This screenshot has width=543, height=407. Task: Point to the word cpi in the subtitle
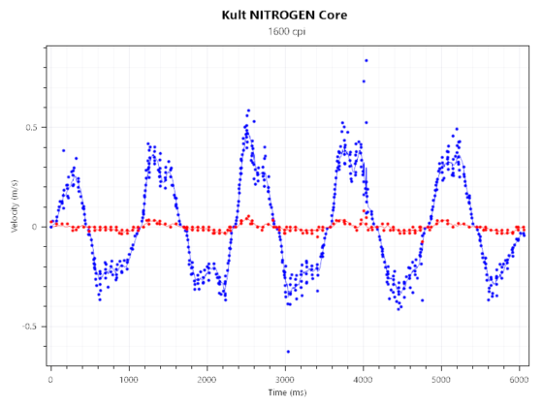click(x=298, y=32)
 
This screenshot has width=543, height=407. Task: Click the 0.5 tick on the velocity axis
click(x=33, y=128)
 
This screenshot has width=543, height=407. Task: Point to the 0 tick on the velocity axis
click(x=37, y=227)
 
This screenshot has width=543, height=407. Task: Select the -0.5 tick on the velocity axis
click(x=31, y=327)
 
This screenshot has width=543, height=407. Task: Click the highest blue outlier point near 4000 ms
click(x=366, y=60)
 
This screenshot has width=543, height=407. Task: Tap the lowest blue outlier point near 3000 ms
click(x=288, y=352)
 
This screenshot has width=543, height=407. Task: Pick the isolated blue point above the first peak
click(x=64, y=150)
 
